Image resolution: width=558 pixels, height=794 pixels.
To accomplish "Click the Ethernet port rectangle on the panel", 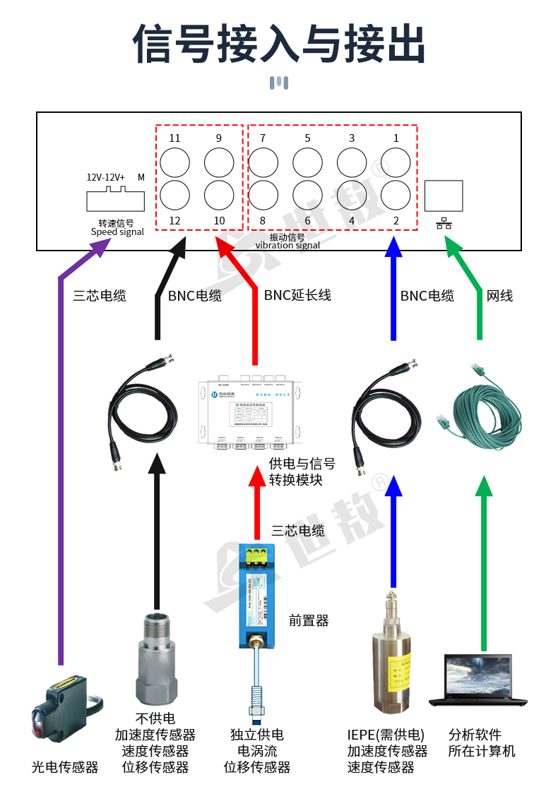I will point(444,196).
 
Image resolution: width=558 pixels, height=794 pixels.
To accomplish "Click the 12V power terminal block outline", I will point(115,200).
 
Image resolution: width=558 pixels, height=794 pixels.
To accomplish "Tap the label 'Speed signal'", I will point(117,232).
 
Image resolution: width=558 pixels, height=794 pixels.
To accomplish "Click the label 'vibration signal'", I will point(287,246).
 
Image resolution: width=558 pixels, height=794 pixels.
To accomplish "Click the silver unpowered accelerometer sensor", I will point(155,656).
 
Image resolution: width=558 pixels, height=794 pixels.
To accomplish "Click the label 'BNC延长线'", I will point(297,295).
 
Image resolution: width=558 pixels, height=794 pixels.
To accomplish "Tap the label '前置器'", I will point(309,621).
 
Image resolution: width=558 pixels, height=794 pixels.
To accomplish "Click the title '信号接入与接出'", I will point(279,44).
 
